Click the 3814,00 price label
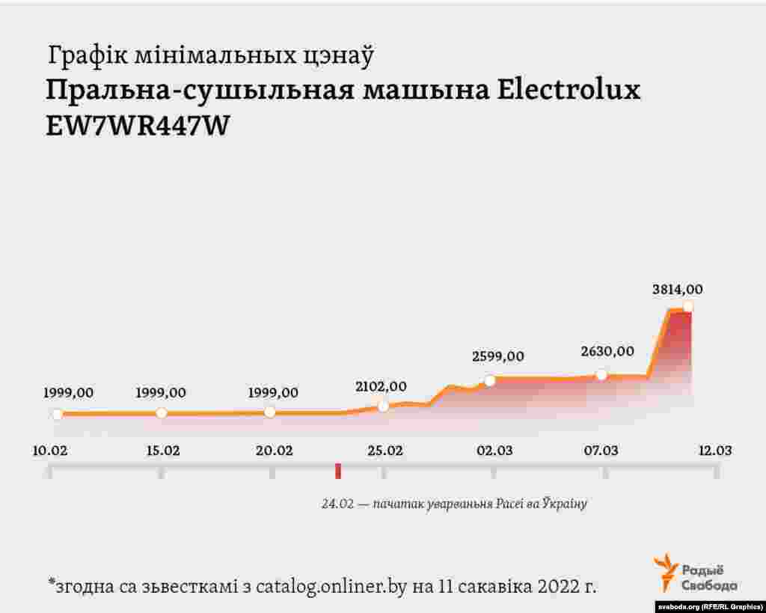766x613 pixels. click(677, 290)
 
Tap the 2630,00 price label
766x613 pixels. click(607, 351)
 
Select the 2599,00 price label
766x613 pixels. click(497, 356)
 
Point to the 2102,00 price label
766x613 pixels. click(381, 386)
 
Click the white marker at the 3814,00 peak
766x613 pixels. click(687, 306)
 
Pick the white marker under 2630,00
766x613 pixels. click(601, 374)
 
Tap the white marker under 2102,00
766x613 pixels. click(383, 406)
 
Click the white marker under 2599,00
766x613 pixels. click(490, 380)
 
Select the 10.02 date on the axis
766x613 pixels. click(52, 451)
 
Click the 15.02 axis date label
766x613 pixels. click(162, 451)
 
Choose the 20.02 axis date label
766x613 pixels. click(274, 451)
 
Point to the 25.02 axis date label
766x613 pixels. click(384, 451)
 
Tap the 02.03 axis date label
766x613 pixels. click(494, 451)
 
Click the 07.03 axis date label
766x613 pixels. click(601, 451)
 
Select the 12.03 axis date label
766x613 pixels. click(714, 451)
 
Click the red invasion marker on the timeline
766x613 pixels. click(338, 471)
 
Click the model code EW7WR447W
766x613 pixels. click(137, 126)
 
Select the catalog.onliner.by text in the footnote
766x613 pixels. click(331, 586)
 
